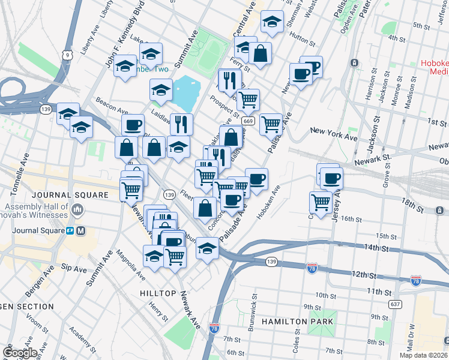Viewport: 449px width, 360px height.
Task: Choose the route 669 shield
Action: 247,121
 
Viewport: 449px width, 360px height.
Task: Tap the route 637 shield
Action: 394,304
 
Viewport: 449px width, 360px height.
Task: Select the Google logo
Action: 20,352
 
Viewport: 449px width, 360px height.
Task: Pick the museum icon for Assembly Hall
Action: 77,210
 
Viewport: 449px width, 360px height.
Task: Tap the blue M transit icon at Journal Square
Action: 81,230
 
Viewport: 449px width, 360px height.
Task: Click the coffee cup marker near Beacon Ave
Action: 133,125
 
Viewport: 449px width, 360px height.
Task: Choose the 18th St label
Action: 414,205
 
